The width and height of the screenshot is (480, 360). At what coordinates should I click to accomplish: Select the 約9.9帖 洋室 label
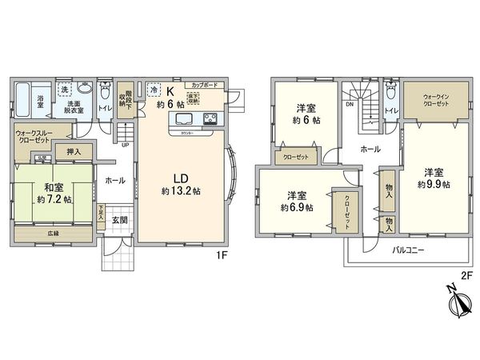pyautogui.click(x=433, y=178)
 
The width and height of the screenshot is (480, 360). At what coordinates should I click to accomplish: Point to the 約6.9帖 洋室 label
pyautogui.click(x=297, y=202)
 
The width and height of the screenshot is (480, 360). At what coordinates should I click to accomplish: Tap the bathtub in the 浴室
pyautogui.click(x=25, y=101)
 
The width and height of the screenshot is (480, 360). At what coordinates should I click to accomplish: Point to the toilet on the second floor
pyautogui.click(x=390, y=94)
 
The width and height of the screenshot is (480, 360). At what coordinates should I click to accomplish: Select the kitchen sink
pyautogui.click(x=181, y=121)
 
